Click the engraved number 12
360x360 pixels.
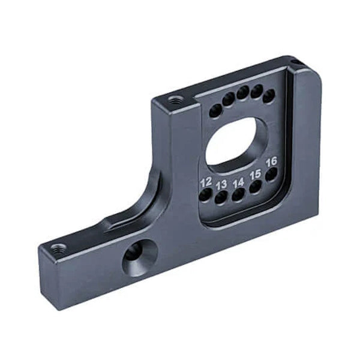click(206, 181)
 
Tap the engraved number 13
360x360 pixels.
click(221, 184)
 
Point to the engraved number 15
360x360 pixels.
click(255, 174)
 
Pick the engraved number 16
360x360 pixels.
click(271, 161)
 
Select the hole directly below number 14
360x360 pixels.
click(238, 195)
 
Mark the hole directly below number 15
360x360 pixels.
click(255, 187)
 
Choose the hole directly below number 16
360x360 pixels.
click(271, 174)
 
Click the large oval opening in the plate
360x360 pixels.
click(235, 141)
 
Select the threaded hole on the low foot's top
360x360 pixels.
click(58, 248)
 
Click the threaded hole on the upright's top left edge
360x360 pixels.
click(175, 101)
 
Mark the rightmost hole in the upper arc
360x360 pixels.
click(269, 95)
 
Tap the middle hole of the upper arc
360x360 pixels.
click(242, 92)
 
